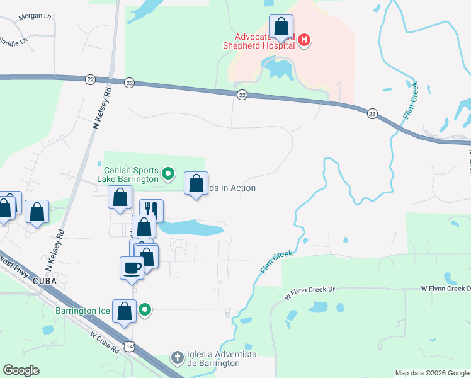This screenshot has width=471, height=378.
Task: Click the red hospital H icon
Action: click(304, 41)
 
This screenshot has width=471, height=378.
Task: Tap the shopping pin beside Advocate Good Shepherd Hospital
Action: click(281, 28)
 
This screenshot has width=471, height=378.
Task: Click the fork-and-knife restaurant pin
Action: click(151, 210)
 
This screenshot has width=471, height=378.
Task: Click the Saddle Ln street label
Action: click(14, 42)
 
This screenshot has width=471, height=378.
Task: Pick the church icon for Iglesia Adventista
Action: click(178, 358)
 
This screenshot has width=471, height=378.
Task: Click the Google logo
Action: click(21, 370)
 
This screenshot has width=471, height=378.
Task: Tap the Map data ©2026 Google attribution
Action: click(432, 373)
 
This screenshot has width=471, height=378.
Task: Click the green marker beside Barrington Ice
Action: click(145, 309)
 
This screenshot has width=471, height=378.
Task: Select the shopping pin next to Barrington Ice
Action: click(125, 311)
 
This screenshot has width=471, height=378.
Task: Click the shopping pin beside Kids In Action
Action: click(196, 184)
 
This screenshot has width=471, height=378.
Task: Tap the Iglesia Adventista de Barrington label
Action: click(215, 359)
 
